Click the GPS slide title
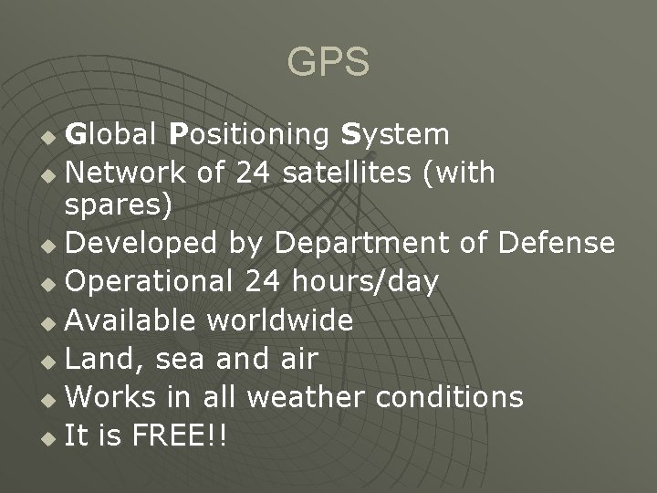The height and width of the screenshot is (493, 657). (328, 62)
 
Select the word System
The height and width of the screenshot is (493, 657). (394, 135)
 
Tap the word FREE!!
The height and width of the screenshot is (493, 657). (180, 435)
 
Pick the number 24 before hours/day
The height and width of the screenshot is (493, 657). (266, 282)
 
